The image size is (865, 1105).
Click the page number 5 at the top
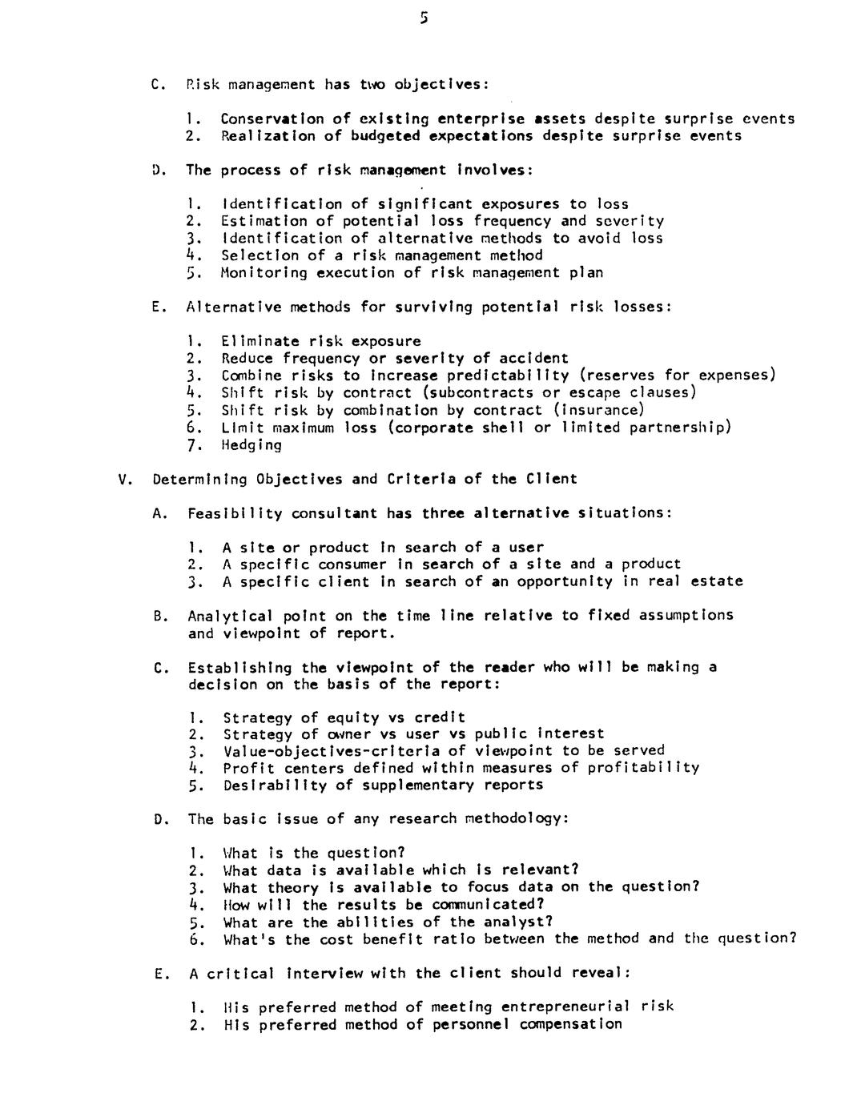424,18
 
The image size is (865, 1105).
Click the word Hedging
251,445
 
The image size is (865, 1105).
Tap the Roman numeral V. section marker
124,480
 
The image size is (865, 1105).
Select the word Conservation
272,119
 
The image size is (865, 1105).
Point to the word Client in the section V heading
551,480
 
